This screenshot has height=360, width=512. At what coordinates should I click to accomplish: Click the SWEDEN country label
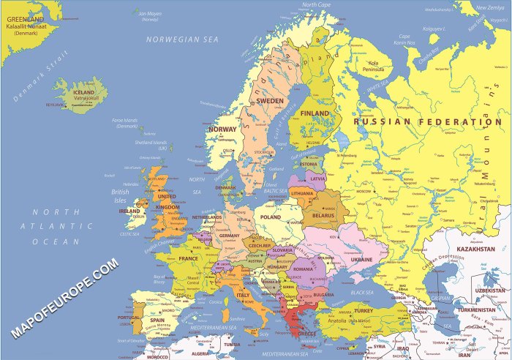coord(270,101)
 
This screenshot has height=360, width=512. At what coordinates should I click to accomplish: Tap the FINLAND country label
coord(315,113)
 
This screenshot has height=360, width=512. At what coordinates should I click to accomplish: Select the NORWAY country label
coord(223,130)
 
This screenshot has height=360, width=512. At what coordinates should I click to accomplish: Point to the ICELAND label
coord(84,93)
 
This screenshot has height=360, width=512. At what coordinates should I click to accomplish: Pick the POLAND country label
coord(270,217)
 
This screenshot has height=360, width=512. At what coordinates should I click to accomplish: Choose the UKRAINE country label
coord(361,259)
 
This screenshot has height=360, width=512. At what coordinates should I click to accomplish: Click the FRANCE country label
coord(189,258)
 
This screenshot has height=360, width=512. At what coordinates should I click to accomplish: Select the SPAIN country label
coord(157,320)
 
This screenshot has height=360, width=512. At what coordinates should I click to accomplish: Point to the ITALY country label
coord(241,295)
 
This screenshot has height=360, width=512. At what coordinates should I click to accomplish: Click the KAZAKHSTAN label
coord(476,250)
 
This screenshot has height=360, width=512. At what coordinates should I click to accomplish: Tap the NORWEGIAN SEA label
coord(182,39)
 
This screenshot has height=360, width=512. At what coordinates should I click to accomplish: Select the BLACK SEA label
coord(361,292)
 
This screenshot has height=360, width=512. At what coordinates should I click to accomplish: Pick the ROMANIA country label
coord(304,269)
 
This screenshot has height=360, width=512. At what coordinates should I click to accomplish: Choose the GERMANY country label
coord(230,236)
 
